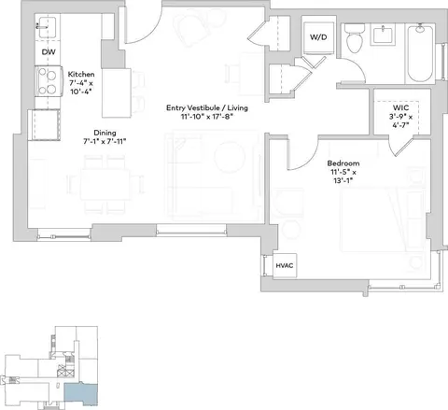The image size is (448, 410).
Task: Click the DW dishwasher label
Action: point(49,51)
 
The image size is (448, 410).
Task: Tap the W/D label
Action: point(318,37)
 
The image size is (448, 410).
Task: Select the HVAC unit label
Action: point(285,265)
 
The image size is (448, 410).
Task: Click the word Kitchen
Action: point(81,74)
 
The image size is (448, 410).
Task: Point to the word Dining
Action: point(105,133)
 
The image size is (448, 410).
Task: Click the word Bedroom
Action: point(343,163)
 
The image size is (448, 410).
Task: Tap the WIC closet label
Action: point(401,107)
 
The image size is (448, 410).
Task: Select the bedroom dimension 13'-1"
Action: point(343,180)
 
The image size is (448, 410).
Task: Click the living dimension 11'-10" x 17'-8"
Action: point(207,117)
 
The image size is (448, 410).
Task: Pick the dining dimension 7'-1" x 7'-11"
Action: point(105,141)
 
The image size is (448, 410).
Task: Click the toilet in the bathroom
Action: point(355,38)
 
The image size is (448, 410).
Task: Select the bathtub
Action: point(420,53)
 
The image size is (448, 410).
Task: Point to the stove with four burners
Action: point(48,82)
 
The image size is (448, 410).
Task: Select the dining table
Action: point(105,184)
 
